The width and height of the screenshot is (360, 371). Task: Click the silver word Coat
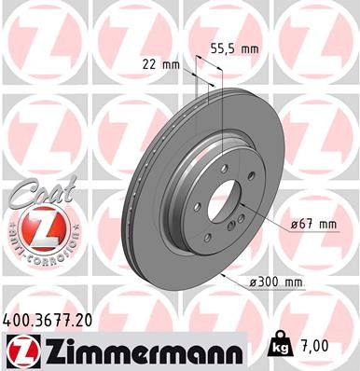[35, 193]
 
